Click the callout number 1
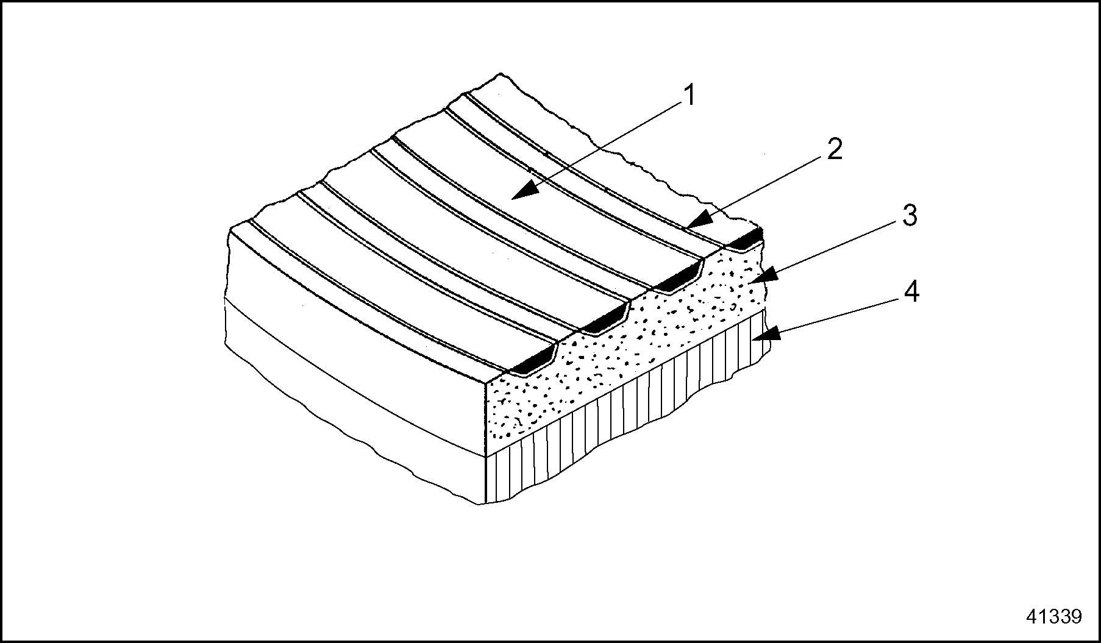coord(689,96)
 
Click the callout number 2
coord(835,149)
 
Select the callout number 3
coord(909,216)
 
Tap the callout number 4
coord(911,293)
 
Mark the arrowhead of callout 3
coord(757,277)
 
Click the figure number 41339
coord(1053,616)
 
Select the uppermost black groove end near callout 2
coord(747,240)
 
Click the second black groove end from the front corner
coord(604,321)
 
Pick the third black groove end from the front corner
coord(676,280)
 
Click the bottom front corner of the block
coord(485,503)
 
